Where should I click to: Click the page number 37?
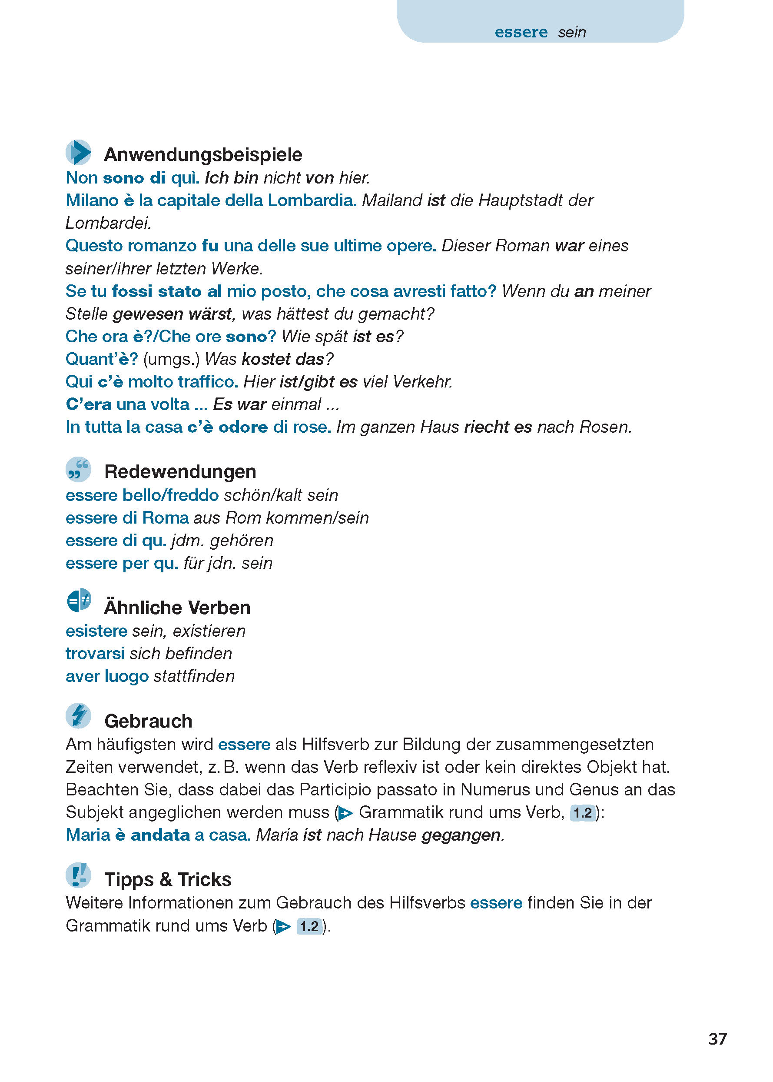717,1038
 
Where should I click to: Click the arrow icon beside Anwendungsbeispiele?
79,153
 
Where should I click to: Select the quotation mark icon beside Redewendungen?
79,469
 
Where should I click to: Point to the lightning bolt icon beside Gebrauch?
79,715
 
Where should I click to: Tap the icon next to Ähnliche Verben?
79,601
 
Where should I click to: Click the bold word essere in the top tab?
521,32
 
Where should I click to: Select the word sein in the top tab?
572,32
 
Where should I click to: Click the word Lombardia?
312,200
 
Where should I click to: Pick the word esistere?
96,631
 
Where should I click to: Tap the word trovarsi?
95,653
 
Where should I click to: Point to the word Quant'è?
101,359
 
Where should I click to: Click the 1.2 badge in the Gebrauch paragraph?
583,812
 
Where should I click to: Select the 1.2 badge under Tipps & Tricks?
309,926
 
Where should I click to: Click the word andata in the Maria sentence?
160,835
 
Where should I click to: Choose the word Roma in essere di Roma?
165,518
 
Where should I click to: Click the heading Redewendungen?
180,472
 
